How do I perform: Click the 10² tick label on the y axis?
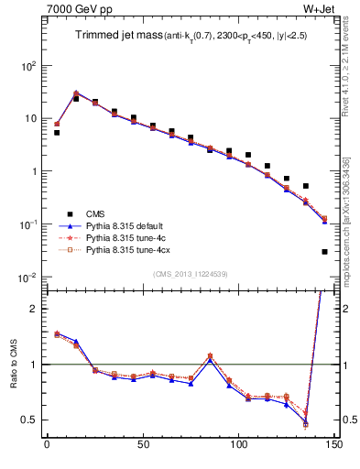(x=28, y=66)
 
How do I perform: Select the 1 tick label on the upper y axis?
(x=32, y=171)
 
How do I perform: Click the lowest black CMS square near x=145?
(x=324, y=251)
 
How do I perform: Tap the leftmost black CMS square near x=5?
(x=57, y=133)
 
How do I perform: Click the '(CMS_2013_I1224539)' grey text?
(x=190, y=273)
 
